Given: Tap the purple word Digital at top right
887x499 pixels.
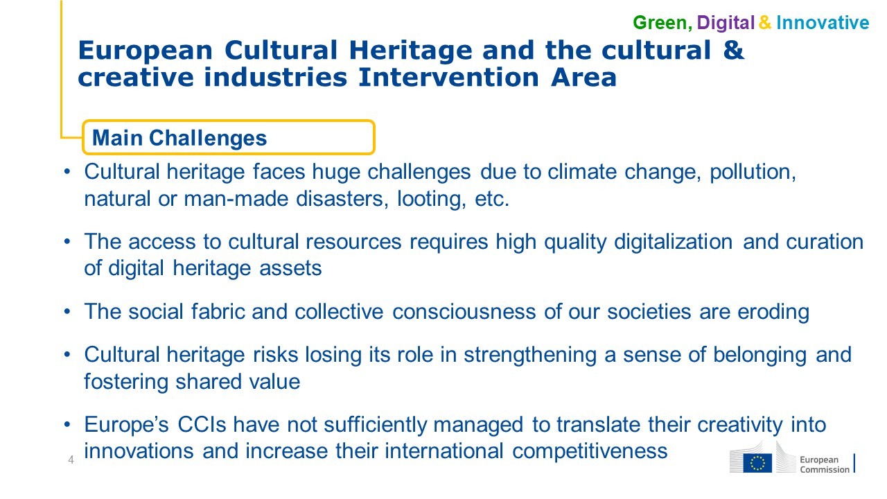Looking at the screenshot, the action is coord(726,23).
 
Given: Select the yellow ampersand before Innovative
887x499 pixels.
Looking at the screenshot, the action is coord(764,23).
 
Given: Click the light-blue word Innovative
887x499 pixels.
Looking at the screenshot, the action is coord(823,23).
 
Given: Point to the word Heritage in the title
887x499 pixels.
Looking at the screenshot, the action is coord(411,51).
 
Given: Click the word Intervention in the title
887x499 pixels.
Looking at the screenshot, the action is coord(448,77).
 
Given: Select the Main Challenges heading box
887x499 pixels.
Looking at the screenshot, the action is coord(229,137).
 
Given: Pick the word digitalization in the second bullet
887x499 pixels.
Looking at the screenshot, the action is coord(673,243).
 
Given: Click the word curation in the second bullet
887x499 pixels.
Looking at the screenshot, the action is coord(825,242).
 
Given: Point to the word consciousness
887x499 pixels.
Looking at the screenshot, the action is coord(464,312).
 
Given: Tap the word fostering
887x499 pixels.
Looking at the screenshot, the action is coord(126,382).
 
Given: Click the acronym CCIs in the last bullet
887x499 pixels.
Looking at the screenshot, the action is coord(202,425).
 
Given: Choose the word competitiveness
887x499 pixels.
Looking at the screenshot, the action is coord(590,451).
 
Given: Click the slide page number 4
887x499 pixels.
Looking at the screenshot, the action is coord(71,459).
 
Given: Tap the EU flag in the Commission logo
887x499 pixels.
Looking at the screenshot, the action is coord(757,463).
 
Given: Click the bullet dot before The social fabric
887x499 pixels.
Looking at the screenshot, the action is coord(67,312).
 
